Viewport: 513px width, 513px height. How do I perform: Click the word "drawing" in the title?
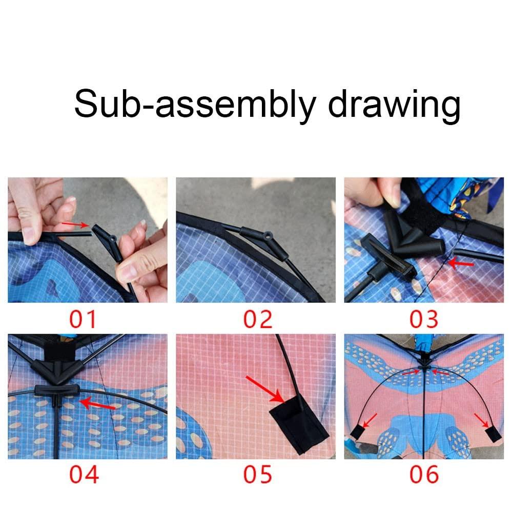coord(394,105)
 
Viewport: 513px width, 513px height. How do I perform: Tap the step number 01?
coord(84,319)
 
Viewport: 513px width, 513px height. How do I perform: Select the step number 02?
coord(257,319)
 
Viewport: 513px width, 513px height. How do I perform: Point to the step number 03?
coord(424,319)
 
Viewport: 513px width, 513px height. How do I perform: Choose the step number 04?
coord(84,474)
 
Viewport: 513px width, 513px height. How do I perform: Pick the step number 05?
coord(257,474)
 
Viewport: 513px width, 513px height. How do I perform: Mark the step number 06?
coord(424,474)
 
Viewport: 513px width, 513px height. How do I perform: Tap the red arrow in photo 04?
coord(97,404)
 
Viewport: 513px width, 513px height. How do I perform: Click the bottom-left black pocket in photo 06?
coord(357,432)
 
